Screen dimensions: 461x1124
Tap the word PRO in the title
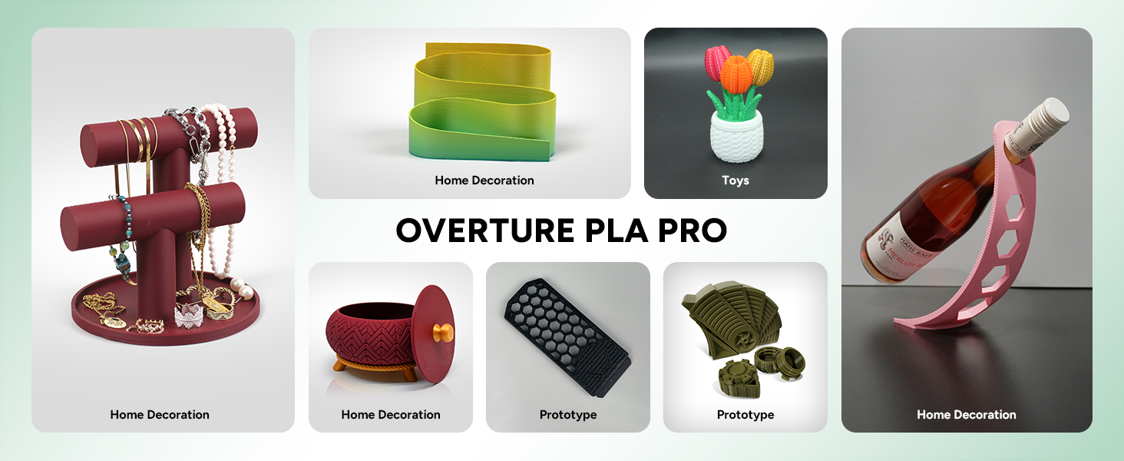[x=688, y=230]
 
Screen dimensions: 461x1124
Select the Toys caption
[x=735, y=181]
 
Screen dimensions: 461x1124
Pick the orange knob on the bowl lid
[x=442, y=334]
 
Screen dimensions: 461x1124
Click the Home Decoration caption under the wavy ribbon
[x=484, y=181]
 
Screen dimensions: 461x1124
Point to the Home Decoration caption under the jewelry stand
[x=159, y=415]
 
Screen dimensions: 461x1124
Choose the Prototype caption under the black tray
[x=567, y=415]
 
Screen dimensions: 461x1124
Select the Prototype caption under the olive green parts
[x=745, y=415]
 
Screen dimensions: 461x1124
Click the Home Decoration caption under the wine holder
[x=966, y=415]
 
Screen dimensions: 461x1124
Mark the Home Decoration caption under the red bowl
[x=390, y=415]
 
